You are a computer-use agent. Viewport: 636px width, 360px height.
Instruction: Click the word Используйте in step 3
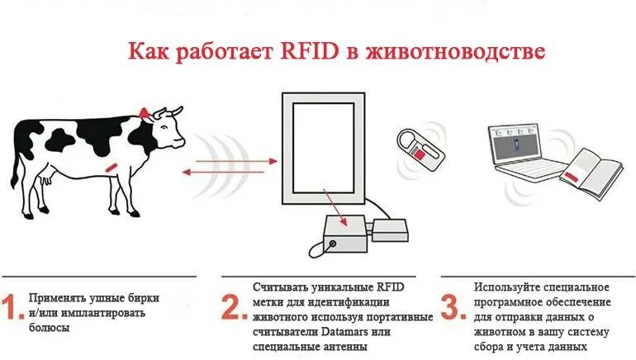[508, 287]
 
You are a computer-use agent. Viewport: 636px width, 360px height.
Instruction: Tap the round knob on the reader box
[332, 244]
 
